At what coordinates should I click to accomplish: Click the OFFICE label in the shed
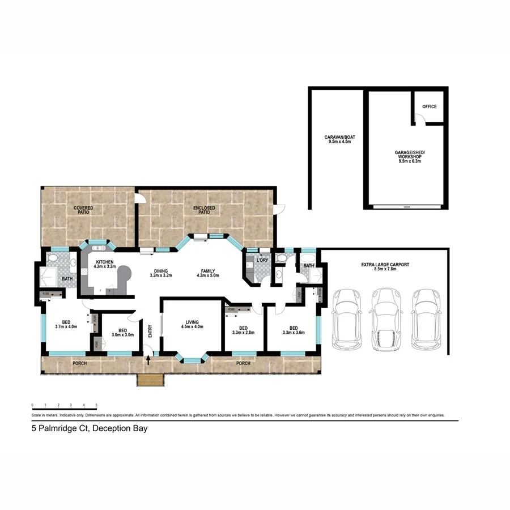coord(430,107)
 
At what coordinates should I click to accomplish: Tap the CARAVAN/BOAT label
coord(340,139)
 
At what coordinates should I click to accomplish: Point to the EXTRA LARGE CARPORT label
coord(385,267)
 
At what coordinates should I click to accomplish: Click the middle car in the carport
coord(385,322)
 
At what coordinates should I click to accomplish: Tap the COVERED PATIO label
coord(83,210)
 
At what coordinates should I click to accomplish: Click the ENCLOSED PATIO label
coord(204,210)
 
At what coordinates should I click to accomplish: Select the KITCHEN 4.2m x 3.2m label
coord(104,263)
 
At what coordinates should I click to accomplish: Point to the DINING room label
coord(160,273)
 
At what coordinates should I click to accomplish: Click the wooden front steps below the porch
coord(150,381)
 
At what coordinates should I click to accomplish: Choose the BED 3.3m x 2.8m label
coord(243,330)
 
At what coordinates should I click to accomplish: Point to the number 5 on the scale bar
coord(96,405)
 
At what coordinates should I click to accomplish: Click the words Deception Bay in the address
coord(121,429)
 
